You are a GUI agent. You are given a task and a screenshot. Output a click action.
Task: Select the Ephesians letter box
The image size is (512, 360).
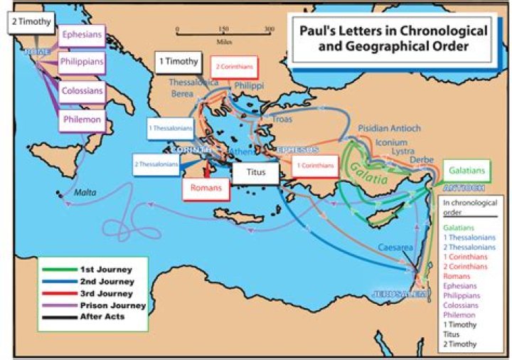80,34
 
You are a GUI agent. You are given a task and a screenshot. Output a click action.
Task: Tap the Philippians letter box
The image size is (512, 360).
81,62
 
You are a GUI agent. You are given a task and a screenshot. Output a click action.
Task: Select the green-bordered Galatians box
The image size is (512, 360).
464,171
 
